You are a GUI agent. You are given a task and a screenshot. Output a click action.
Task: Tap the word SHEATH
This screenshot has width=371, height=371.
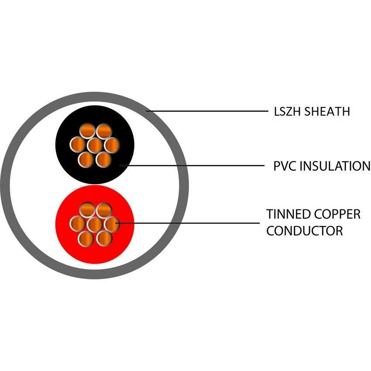pyautogui.click(x=327, y=111)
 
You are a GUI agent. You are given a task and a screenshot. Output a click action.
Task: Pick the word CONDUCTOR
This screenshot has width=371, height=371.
pyautogui.click(x=304, y=230)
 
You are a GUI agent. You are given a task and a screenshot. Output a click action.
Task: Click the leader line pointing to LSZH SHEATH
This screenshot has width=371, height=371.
pyautogui.click(x=210, y=111)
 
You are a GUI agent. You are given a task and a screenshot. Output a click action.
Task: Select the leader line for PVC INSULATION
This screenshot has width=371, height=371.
pyautogui.click(x=196, y=166)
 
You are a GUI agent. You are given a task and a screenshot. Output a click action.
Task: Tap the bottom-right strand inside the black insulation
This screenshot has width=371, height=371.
pyautogui.click(x=103, y=159)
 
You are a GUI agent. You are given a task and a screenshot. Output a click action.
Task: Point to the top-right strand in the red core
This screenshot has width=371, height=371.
pyautogui.click(x=103, y=210)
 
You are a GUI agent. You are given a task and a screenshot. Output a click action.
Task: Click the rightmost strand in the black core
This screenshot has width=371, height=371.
pyautogui.click(x=111, y=145)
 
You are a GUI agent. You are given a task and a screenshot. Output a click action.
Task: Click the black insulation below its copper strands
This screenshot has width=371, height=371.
pyautogui.click(x=94, y=175)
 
